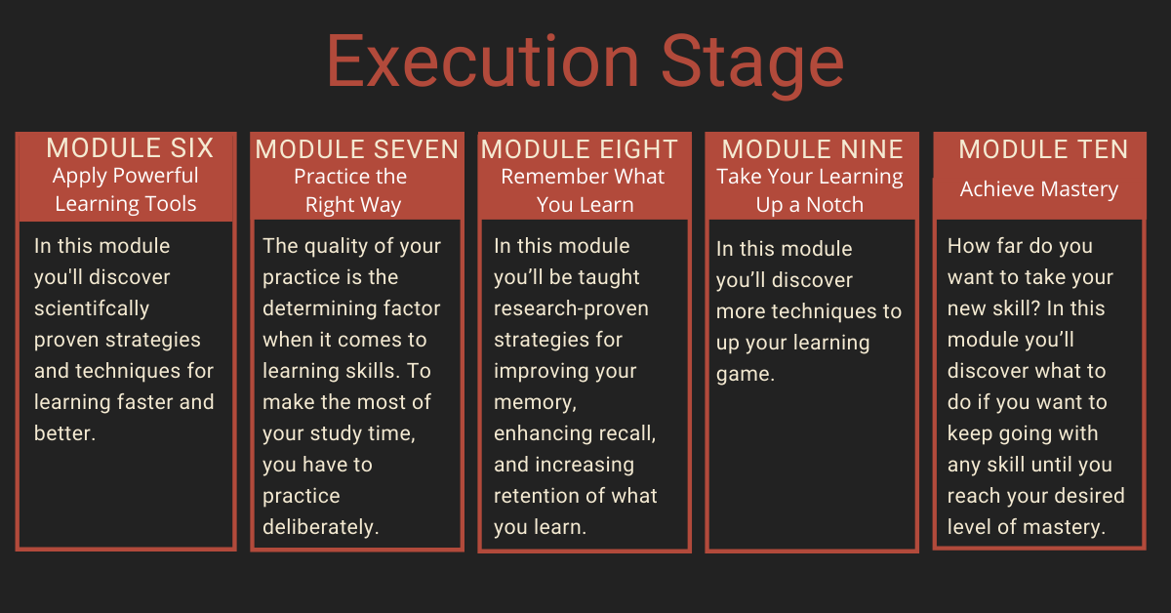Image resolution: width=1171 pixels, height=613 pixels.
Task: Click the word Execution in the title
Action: (483, 61)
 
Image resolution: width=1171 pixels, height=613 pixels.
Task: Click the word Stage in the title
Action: (752, 65)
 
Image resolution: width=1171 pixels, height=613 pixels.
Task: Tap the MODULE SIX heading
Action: (130, 148)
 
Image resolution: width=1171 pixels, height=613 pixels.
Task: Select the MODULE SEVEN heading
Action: (357, 149)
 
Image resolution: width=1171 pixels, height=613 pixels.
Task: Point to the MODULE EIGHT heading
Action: (580, 149)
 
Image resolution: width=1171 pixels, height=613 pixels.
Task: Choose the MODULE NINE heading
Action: (812, 149)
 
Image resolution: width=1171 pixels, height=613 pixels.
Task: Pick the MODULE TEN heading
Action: (1043, 149)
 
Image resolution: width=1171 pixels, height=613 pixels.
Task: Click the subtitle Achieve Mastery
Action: (1039, 189)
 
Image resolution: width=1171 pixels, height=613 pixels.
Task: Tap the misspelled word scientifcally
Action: (92, 308)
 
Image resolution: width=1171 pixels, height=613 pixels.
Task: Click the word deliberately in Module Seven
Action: (320, 527)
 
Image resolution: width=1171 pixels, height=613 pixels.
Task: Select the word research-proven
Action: (571, 308)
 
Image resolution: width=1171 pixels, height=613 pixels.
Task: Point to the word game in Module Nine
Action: (745, 375)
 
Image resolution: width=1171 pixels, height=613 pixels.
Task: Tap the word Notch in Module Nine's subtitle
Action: (834, 205)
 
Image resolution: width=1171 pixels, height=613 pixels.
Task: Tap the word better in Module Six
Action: (64, 433)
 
